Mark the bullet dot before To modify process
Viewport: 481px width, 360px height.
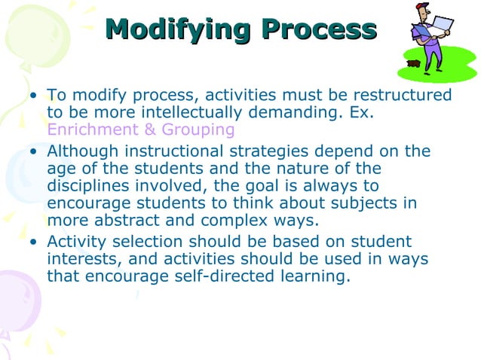coord(33,96)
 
